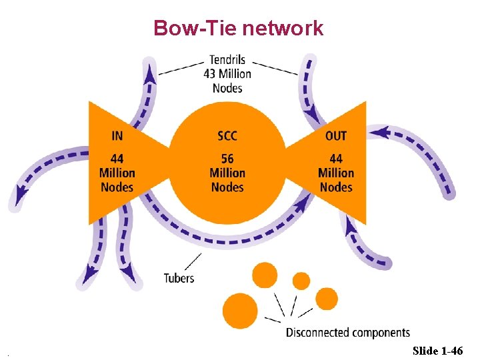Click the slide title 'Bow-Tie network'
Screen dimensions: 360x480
coord(238,28)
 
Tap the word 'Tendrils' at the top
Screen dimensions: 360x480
coord(227,59)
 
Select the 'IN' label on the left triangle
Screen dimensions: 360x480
coord(117,135)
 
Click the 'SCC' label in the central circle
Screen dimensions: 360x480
coord(227,135)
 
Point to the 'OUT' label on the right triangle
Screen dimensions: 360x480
coord(336,135)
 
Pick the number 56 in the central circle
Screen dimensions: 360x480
coord(227,159)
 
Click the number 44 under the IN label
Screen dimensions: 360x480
coord(117,159)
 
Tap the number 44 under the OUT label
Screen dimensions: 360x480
coord(336,159)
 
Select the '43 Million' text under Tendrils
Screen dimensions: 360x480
coord(227,73)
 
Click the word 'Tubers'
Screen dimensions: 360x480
coord(179,277)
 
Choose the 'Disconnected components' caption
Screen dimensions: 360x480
coord(347,332)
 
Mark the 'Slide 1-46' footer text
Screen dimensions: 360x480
coord(437,350)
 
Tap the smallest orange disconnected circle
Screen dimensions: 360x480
coord(301,281)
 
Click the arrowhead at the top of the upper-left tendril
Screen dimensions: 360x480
coord(151,72)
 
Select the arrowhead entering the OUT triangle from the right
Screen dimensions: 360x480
coord(378,133)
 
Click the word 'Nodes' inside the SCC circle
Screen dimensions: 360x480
coord(227,187)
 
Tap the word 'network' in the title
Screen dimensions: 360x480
coord(283,28)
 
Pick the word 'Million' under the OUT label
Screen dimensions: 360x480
coord(336,173)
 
